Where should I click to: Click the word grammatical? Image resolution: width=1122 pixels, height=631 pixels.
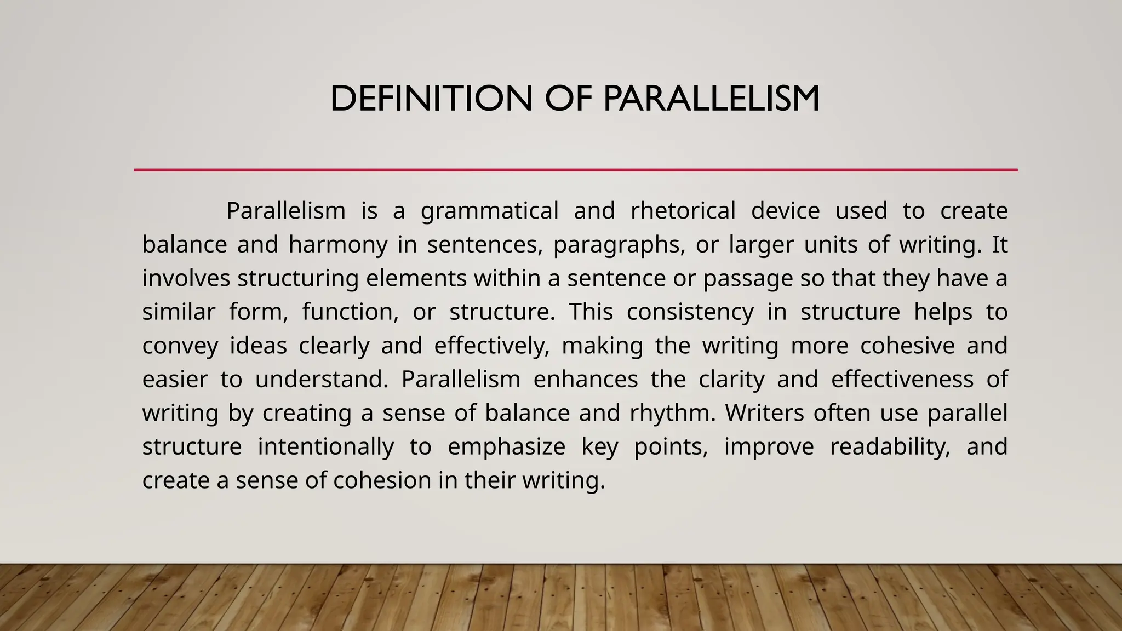click(x=489, y=211)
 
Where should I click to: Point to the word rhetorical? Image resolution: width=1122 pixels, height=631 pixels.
click(x=683, y=211)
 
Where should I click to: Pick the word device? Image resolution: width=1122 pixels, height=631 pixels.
click(x=785, y=211)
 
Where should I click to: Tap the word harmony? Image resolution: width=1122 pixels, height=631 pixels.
click(x=338, y=245)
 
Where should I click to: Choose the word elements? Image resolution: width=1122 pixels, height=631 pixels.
click(x=416, y=279)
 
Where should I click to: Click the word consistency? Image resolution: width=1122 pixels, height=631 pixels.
click(x=690, y=313)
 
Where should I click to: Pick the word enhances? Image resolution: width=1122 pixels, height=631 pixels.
click(x=586, y=380)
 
